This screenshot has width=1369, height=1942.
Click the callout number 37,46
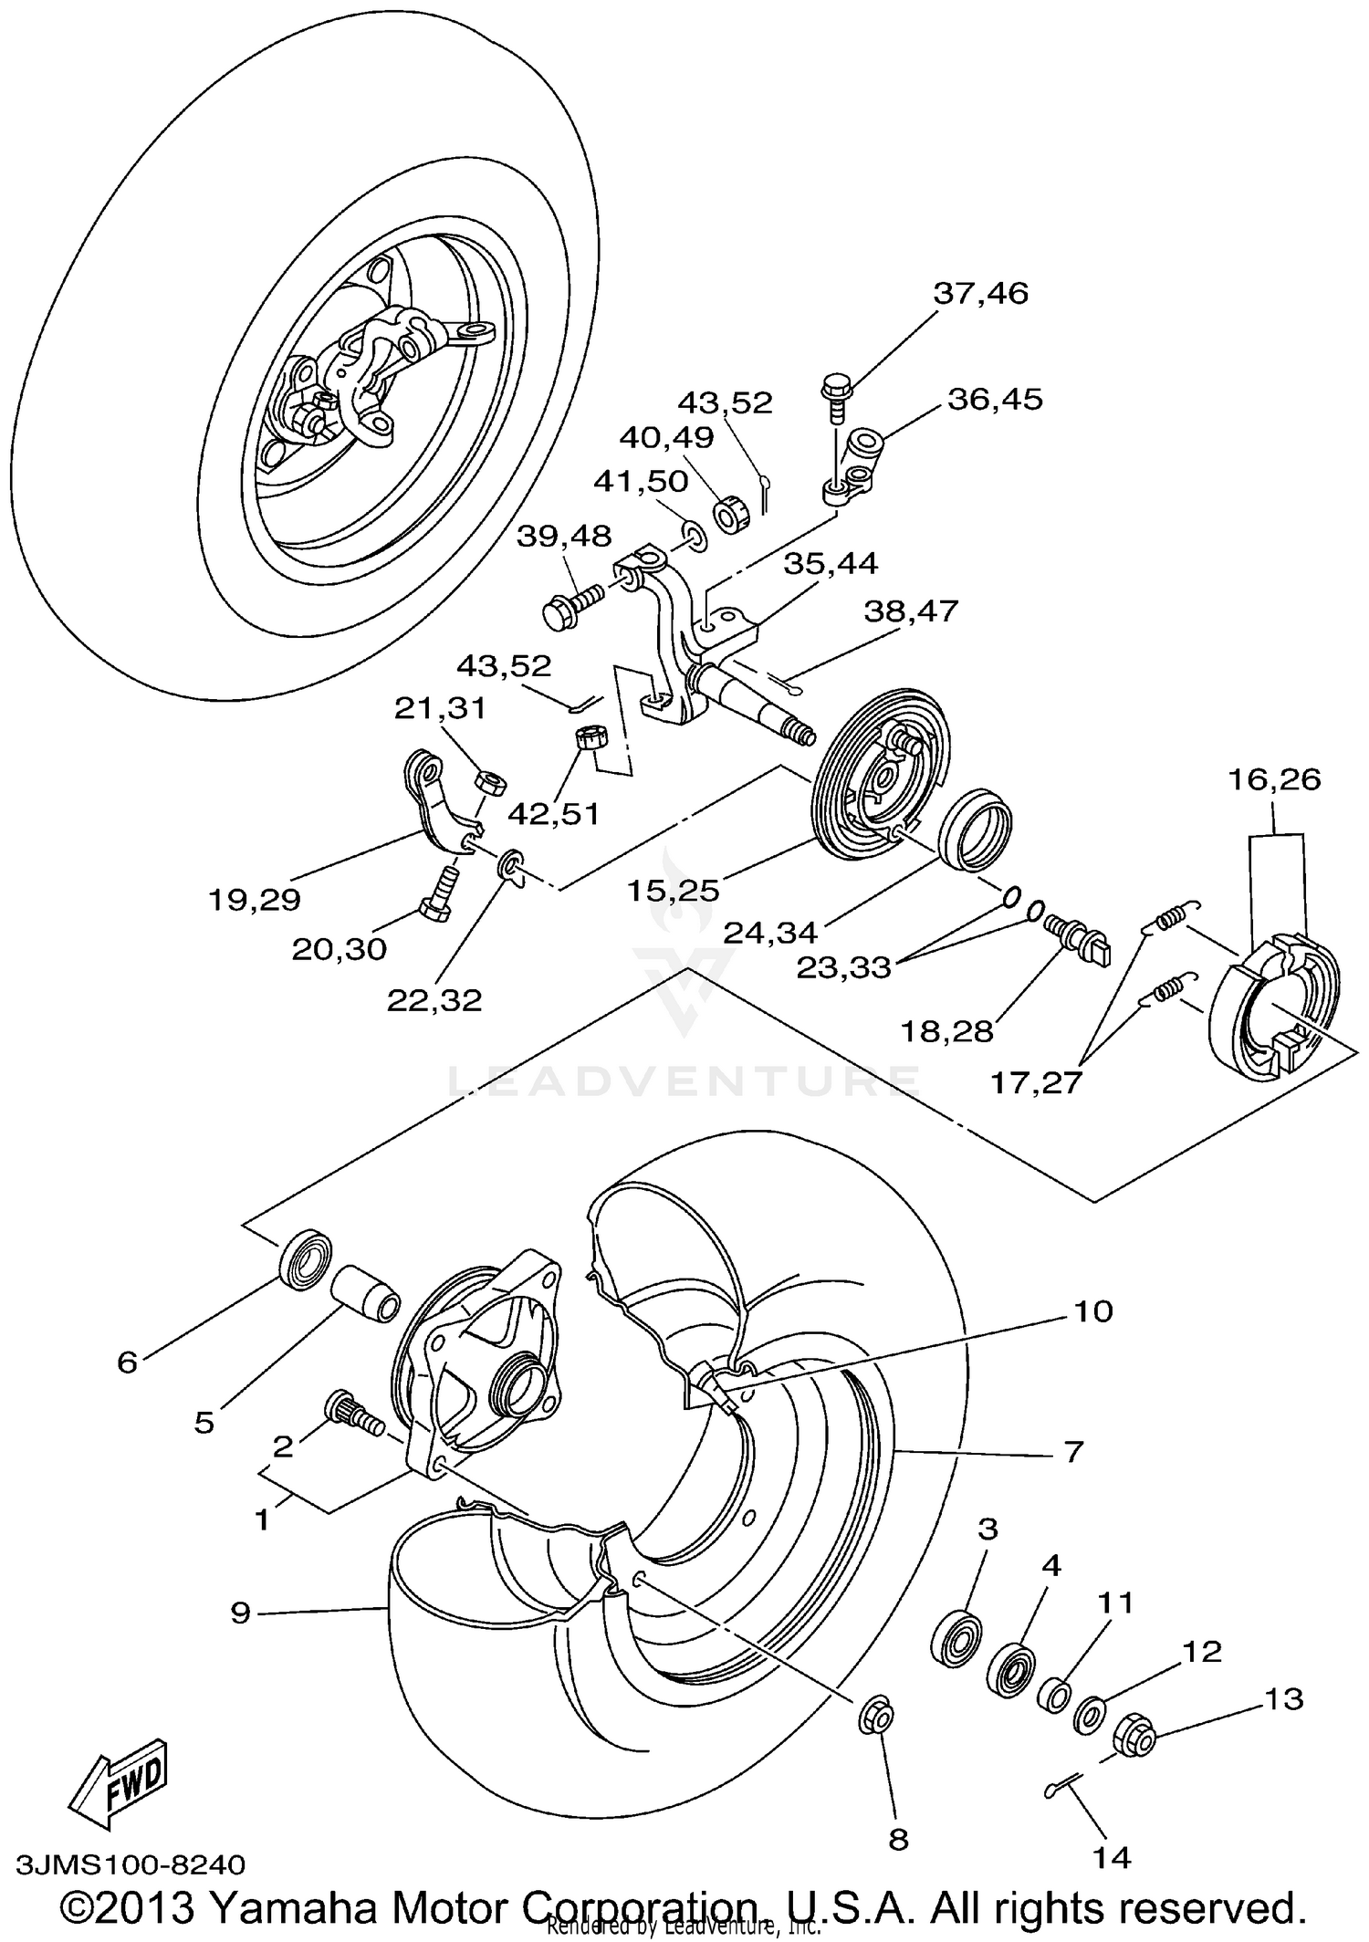pos(980,294)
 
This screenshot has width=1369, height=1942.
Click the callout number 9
pos(240,1613)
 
